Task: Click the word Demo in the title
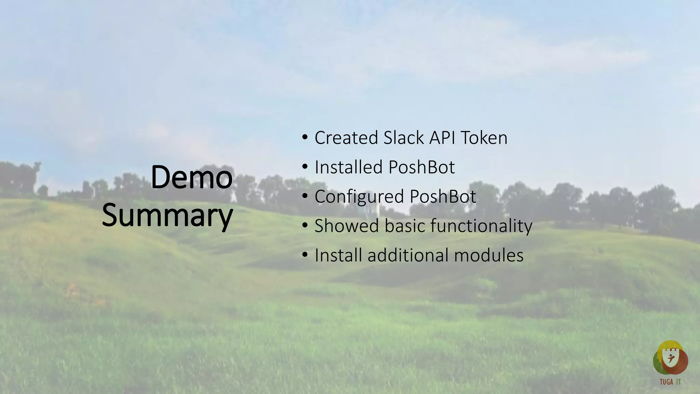[x=191, y=177]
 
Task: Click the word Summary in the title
[x=167, y=215]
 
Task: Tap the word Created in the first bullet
[x=346, y=138]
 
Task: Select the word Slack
[x=404, y=138]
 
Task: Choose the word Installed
[x=348, y=167]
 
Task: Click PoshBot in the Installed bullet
[x=422, y=167]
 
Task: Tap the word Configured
[x=359, y=197]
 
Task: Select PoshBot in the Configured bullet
[x=443, y=197]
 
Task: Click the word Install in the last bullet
[x=338, y=255]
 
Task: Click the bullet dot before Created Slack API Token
[x=305, y=138]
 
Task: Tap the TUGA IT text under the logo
[x=670, y=382]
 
